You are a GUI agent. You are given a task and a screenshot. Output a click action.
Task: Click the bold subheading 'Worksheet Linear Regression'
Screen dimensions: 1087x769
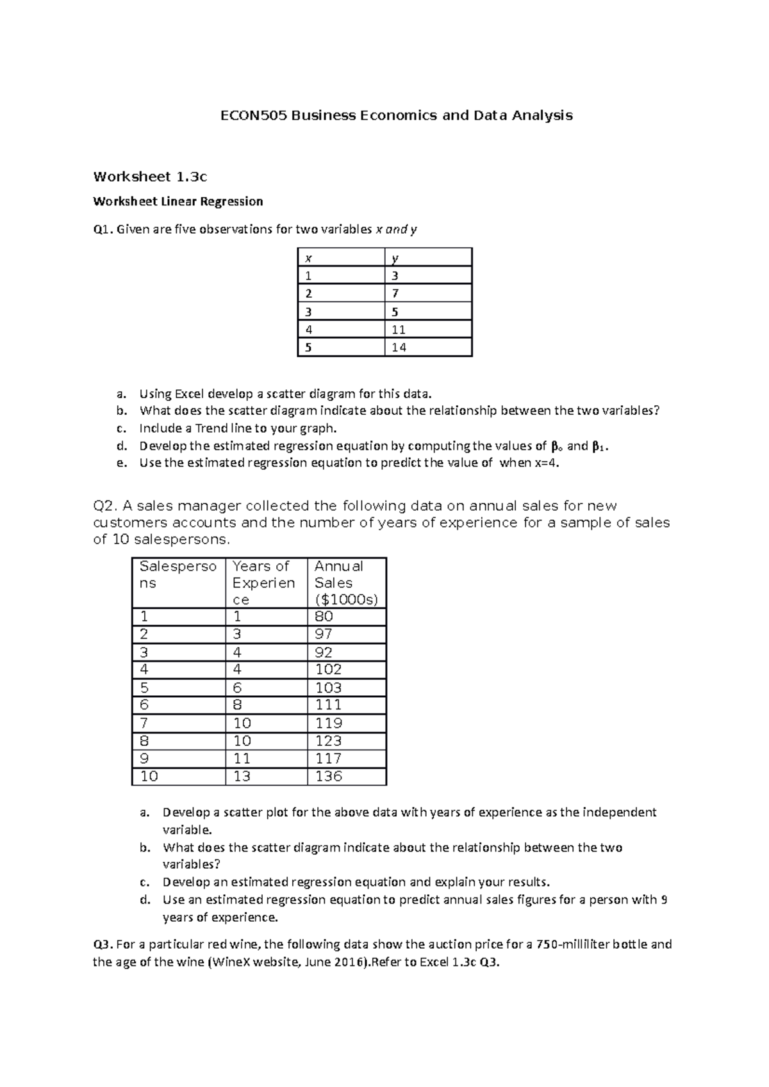(x=178, y=202)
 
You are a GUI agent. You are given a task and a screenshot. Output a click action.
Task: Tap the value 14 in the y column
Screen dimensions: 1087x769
(x=399, y=348)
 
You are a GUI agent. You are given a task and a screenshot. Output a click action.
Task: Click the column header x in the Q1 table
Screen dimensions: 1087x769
(x=308, y=259)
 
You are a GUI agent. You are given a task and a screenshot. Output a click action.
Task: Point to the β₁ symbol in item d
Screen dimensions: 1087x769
(x=598, y=446)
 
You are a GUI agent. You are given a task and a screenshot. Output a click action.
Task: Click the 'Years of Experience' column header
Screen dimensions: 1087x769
(x=263, y=583)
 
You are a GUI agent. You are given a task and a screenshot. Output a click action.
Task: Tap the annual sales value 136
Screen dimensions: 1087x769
(x=329, y=777)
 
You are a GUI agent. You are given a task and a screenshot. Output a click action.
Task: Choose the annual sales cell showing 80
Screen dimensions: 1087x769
(x=324, y=616)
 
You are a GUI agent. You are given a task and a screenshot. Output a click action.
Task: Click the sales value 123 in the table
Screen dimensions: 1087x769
(x=329, y=741)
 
